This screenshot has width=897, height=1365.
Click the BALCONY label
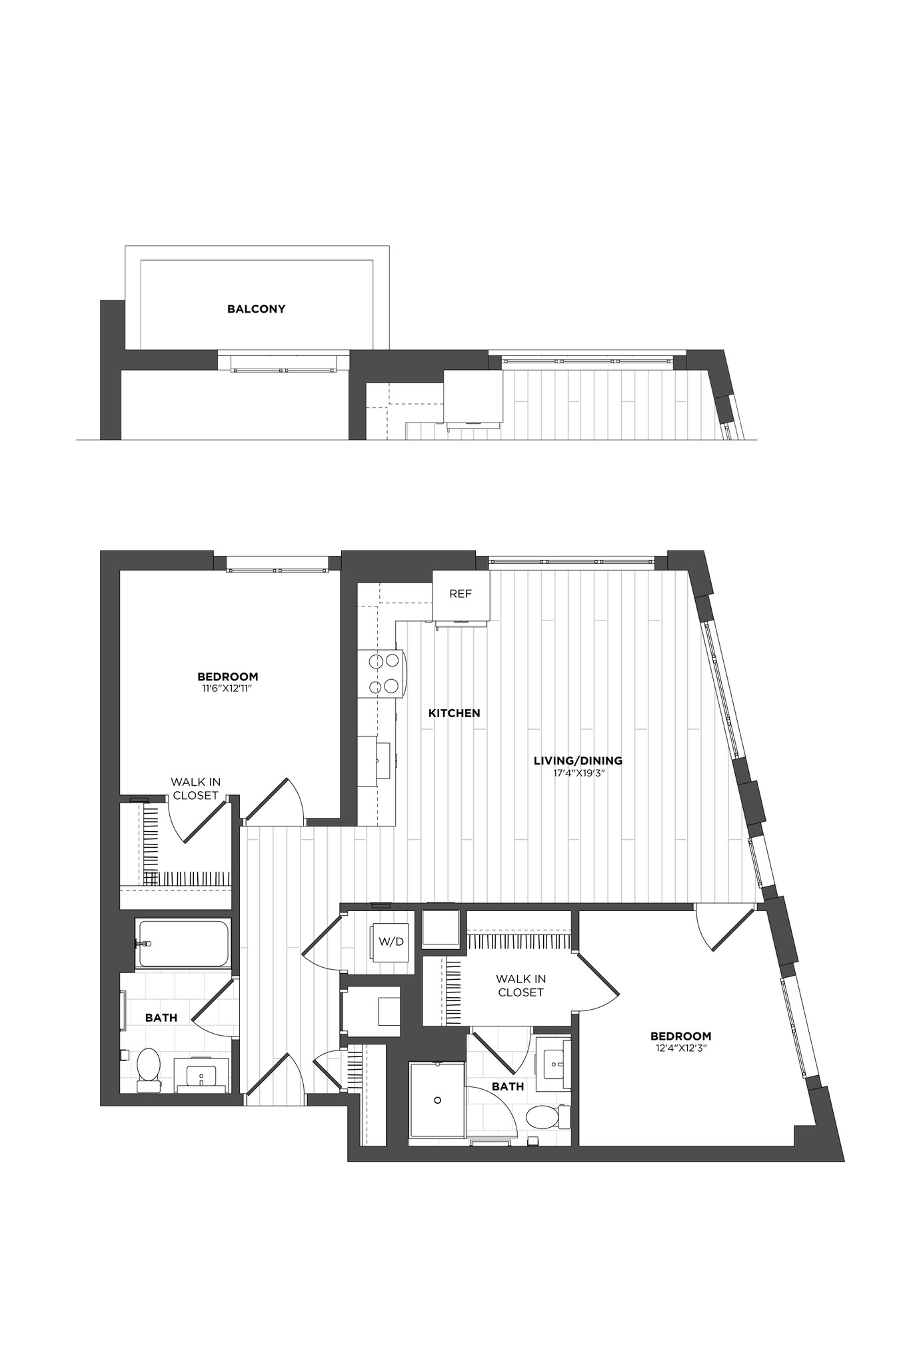256,309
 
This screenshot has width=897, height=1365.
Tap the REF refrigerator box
460,594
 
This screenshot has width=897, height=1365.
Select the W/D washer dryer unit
391,942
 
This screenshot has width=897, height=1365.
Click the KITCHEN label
454,713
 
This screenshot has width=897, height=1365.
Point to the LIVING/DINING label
578,760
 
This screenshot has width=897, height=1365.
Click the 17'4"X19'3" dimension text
578,773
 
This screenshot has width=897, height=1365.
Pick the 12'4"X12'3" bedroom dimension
680,1048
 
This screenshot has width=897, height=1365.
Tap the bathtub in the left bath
183,943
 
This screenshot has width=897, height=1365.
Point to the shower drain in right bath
438,1100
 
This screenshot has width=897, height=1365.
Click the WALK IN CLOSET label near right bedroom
521,985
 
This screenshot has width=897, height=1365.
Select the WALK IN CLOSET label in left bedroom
195,788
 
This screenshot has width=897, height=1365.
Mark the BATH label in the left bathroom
161,1018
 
